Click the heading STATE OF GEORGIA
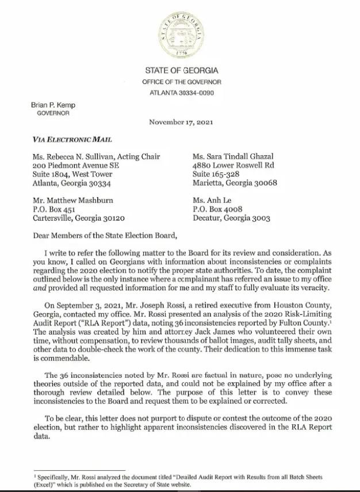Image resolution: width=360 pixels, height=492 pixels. coord(181,71)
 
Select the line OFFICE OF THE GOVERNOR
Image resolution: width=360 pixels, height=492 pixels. coord(181,82)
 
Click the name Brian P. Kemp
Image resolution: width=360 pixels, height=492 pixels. coord(53,105)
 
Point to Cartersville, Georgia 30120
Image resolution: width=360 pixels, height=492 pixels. coord(79,218)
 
